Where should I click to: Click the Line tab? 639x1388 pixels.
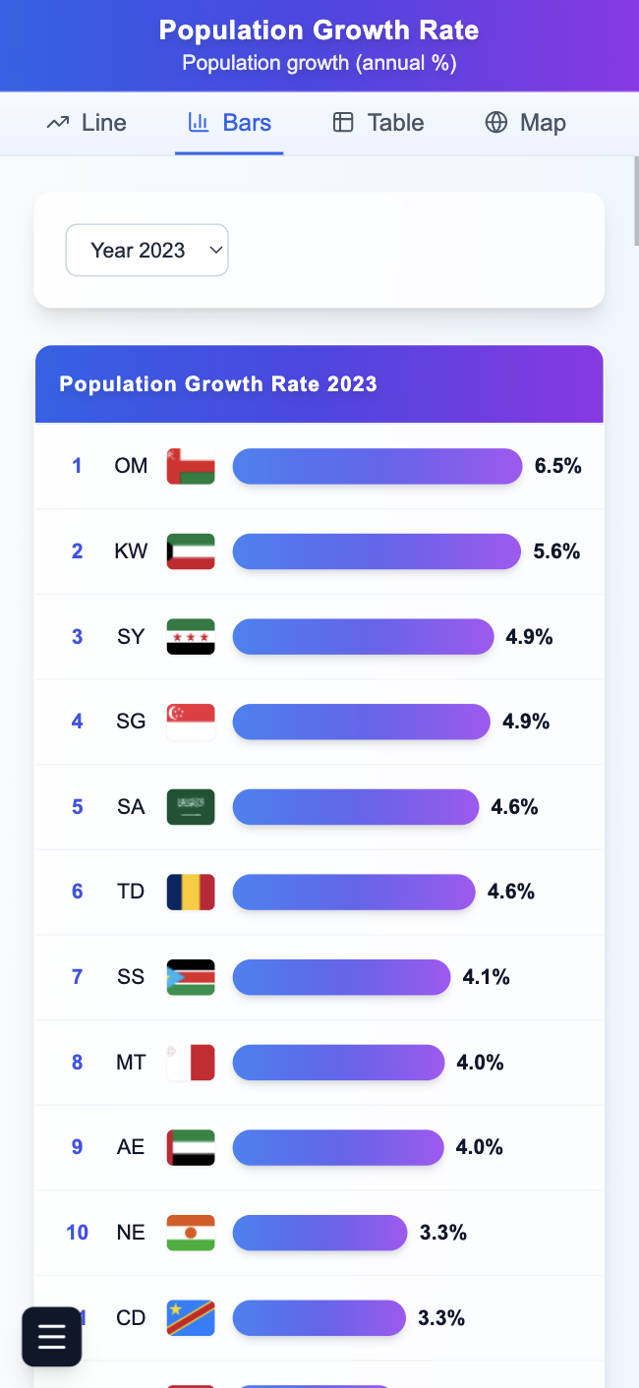[87, 123]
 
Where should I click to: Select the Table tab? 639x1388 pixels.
[378, 123]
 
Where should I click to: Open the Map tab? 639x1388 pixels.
[525, 123]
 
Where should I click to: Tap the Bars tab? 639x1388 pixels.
[229, 123]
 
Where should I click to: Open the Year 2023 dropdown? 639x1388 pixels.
[146, 251]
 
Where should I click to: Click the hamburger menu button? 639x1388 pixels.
[52, 1337]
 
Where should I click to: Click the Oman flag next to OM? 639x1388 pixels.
[191, 466]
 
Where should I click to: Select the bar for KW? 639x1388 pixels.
[377, 551]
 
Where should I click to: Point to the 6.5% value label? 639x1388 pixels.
[558, 466]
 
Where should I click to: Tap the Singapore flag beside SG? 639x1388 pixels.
[191, 722]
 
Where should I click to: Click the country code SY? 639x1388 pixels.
[131, 637]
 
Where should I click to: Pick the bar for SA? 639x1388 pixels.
[356, 807]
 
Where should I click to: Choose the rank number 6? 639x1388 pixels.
[78, 892]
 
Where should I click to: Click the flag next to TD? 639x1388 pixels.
[191, 892]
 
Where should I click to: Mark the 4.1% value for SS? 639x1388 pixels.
[487, 977]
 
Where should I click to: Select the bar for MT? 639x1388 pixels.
[338, 1063]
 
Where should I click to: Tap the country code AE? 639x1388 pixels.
[131, 1147]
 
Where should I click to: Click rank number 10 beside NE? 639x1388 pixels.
[78, 1233]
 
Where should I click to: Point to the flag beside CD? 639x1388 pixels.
[191, 1317]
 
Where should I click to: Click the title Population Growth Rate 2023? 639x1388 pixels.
[218, 384]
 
